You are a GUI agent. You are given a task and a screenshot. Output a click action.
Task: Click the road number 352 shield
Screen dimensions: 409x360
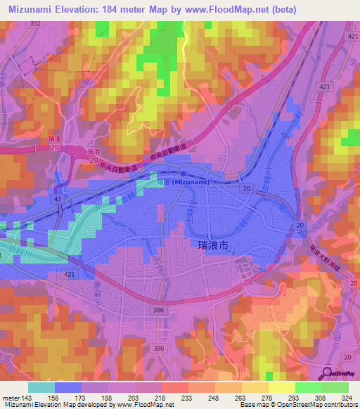click(35, 23)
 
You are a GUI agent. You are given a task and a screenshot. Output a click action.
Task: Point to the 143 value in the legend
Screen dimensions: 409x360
click(25, 396)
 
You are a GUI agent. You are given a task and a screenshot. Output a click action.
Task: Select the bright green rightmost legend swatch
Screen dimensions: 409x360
click(335, 387)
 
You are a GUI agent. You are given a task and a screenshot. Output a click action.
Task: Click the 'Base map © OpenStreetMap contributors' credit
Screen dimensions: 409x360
click(297, 405)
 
